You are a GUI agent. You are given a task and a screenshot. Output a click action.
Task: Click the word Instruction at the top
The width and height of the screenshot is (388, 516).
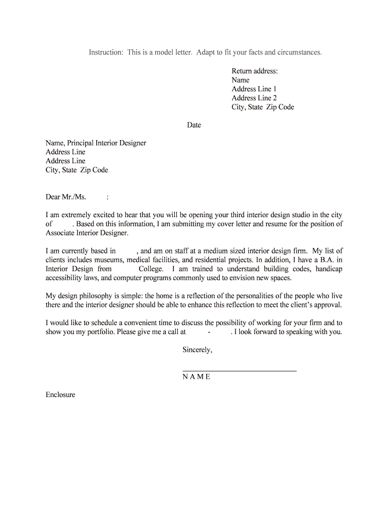(106, 52)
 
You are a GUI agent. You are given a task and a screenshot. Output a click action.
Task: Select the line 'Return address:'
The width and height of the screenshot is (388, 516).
(254, 71)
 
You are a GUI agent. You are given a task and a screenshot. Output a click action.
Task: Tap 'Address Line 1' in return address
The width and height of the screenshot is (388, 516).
(254, 89)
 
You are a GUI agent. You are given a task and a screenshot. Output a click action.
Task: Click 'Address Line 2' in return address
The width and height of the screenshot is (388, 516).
(254, 98)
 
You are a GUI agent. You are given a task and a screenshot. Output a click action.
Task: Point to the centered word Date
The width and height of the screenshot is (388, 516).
(194, 125)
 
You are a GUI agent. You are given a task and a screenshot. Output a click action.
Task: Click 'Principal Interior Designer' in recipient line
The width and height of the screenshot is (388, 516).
(110, 143)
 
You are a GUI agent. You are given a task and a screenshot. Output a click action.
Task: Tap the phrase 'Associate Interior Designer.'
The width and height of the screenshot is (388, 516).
(87, 233)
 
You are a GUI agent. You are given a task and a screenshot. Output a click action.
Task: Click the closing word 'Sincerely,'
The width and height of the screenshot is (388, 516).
(198, 350)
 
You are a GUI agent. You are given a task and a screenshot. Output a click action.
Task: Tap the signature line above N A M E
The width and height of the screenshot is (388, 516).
(239, 371)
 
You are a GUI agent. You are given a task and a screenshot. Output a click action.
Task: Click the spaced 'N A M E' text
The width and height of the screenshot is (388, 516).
(197, 377)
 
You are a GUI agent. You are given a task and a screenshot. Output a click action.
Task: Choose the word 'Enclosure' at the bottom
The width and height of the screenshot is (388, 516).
(60, 395)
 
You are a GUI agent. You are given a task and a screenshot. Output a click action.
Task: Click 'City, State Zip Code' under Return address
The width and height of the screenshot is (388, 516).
(263, 107)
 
